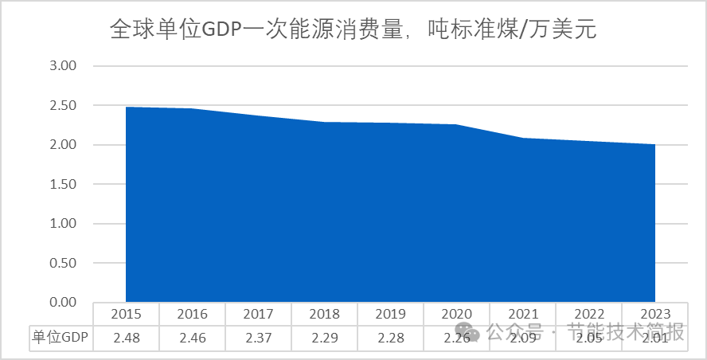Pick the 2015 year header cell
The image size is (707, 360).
coord(126,314)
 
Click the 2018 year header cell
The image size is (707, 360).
coord(324,314)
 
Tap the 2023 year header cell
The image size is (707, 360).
coord(655,314)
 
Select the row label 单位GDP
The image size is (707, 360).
coord(61,338)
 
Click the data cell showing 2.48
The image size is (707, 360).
coord(126,338)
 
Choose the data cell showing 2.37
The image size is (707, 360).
coord(258,338)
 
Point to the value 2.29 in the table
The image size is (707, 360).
coord(324,338)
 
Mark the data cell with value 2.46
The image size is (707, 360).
coord(192,338)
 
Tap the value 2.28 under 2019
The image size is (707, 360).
coord(390,338)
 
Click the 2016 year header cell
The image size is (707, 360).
coord(192,314)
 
